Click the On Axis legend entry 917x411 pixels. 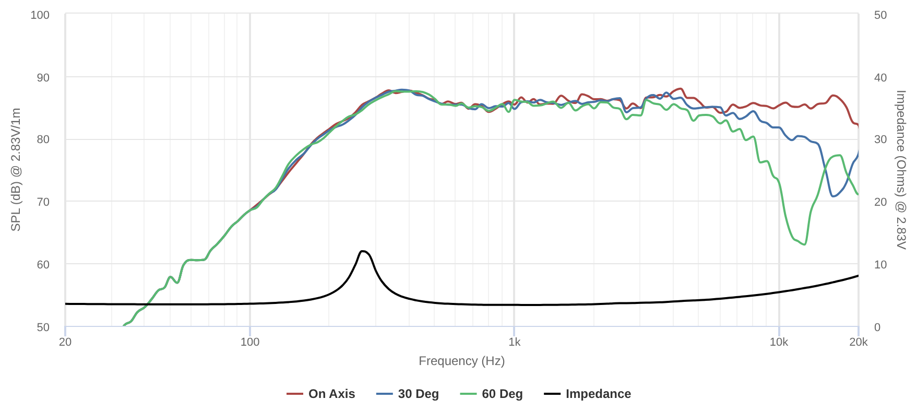click(321, 394)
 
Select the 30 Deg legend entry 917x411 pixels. click(408, 394)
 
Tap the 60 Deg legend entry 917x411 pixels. click(492, 394)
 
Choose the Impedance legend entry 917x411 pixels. click(588, 394)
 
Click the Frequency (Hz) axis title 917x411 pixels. click(461, 361)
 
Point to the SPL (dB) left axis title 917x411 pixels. click(16, 170)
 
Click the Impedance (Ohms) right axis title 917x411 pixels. click(901, 170)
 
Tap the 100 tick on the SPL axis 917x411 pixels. click(40, 15)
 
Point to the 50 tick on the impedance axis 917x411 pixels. click(880, 15)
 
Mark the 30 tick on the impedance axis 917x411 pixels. click(880, 139)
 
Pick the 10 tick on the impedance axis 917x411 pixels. click(880, 264)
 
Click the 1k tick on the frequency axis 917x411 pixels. click(514, 342)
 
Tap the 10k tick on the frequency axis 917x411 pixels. click(779, 342)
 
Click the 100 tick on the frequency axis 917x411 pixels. click(250, 342)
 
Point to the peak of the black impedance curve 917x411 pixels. click(363, 251)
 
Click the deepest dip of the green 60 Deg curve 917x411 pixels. click(805, 244)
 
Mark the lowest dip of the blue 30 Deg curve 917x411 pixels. click(833, 196)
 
